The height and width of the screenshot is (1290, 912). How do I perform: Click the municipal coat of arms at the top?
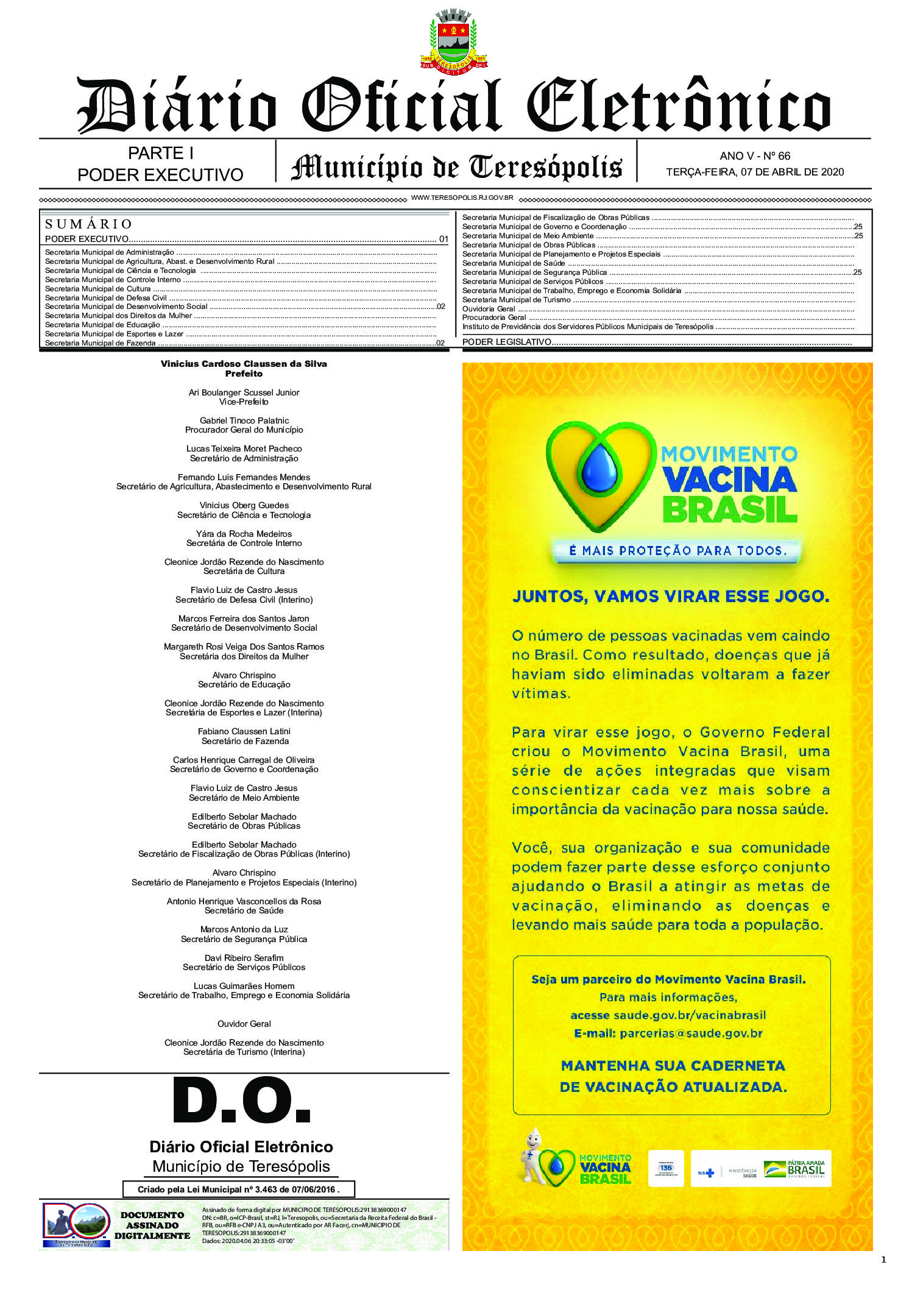[x=453, y=39]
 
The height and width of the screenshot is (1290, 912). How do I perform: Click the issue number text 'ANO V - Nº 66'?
[x=754, y=156]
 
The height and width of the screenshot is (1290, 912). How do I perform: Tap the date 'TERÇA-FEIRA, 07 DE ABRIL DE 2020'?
[x=754, y=172]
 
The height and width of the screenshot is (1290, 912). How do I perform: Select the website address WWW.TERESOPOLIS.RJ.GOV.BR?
[x=462, y=198]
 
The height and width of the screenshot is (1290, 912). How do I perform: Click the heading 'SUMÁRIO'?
[x=89, y=224]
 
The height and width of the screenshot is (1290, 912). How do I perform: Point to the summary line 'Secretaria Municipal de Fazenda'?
[x=101, y=343]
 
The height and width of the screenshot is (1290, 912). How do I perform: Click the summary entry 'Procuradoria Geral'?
[x=494, y=317]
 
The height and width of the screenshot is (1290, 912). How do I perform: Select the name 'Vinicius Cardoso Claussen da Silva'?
[x=244, y=364]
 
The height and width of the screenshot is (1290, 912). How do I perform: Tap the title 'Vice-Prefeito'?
[x=244, y=402]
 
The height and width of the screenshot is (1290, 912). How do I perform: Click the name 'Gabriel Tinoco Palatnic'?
[x=244, y=420]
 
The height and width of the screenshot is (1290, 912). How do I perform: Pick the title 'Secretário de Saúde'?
[x=244, y=910]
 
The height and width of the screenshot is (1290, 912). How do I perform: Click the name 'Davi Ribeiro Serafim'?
[x=244, y=958]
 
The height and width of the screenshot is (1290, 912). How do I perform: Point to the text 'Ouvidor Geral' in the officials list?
[x=244, y=1024]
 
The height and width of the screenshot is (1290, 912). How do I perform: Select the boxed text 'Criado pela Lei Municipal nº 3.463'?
[x=238, y=1189]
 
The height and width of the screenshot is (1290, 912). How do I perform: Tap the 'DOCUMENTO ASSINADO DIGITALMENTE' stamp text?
[x=152, y=1225]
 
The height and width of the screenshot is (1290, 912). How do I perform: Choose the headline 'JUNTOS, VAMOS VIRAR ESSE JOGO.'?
[x=671, y=597]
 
